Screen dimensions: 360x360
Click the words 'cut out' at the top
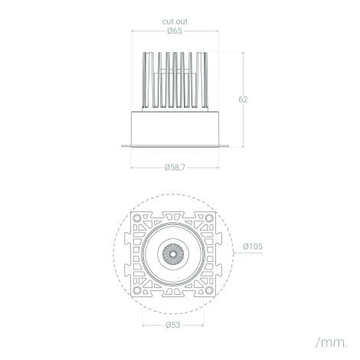[x=175, y=21]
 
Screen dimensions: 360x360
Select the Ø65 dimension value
[x=175, y=31]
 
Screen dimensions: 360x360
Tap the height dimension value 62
[x=243, y=100]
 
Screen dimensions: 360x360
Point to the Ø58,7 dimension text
[x=175, y=168]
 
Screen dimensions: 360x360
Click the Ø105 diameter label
[x=253, y=247]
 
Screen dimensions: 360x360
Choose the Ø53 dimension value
[x=173, y=325]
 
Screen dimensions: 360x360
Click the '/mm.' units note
[x=332, y=342]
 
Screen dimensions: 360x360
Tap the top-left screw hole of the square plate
[x=137, y=218]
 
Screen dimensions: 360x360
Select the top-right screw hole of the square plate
[x=209, y=218]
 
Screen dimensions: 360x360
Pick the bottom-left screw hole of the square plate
[x=137, y=290]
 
